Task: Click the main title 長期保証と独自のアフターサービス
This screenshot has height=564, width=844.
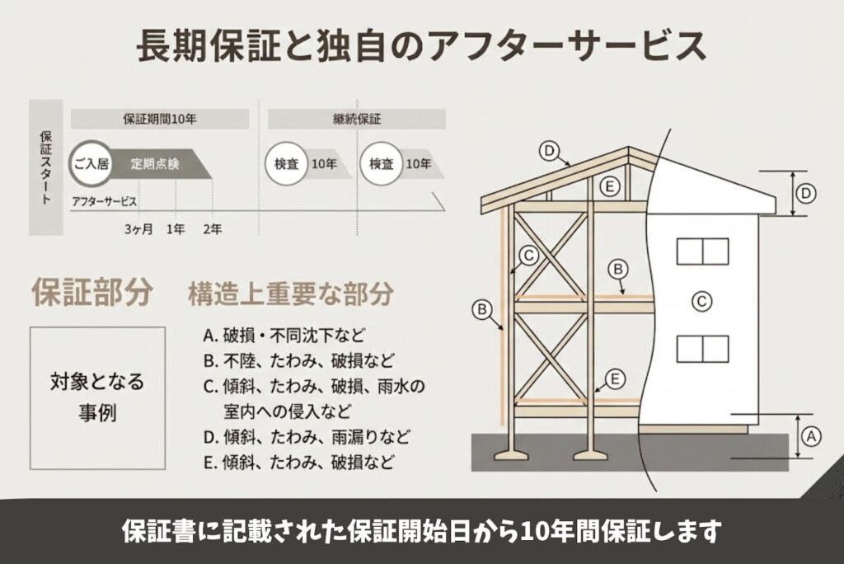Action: coord(421,47)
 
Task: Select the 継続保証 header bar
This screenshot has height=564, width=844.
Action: coord(351,118)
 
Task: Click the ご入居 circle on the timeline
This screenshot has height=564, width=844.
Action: coord(91,163)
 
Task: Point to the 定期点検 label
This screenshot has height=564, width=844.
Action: coord(155,163)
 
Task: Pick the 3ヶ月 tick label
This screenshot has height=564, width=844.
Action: coord(138,228)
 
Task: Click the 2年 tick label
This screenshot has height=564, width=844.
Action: coord(212,228)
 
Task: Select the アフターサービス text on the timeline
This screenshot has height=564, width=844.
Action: coord(104,201)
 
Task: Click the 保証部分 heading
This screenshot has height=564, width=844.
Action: coord(91,293)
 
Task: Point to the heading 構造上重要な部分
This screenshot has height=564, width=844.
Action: coord(290,294)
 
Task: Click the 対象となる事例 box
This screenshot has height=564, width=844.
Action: coord(97,397)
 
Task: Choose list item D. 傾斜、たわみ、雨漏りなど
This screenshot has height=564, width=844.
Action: coord(306,436)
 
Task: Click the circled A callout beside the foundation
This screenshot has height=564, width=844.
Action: coord(811,435)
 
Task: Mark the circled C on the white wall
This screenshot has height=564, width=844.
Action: coord(701,302)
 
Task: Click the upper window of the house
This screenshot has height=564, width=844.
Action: coord(702,251)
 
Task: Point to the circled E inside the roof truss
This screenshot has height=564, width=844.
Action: coord(609,187)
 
